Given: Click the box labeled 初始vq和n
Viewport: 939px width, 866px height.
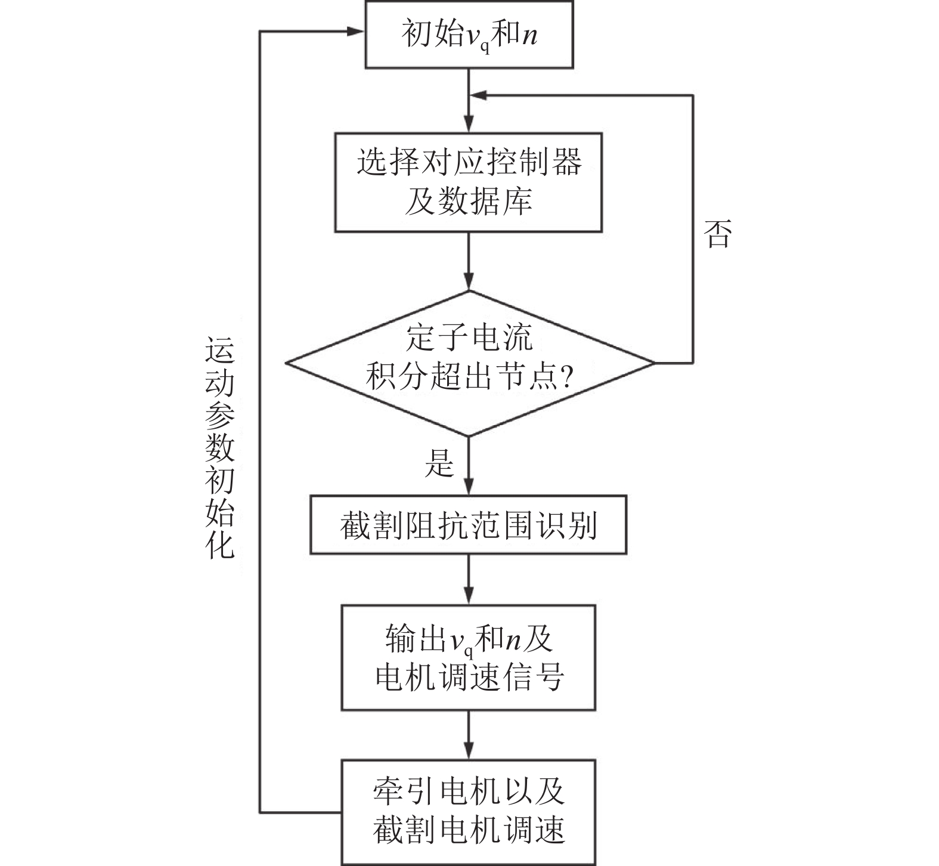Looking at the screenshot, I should pyautogui.click(x=469, y=35).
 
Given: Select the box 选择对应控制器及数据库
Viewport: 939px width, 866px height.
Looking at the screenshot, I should pyautogui.click(x=469, y=182).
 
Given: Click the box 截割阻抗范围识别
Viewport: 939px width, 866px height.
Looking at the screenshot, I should pyautogui.click(x=469, y=525).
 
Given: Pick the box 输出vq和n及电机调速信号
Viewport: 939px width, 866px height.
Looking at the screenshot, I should pyautogui.click(x=469, y=657).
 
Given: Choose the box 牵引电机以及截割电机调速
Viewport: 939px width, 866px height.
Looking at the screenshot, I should pyautogui.click(x=469, y=811).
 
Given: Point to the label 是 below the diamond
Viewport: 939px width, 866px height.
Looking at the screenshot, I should pyautogui.click(x=439, y=462).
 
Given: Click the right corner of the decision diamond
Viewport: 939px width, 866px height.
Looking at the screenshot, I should pyautogui.click(x=652, y=363).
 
